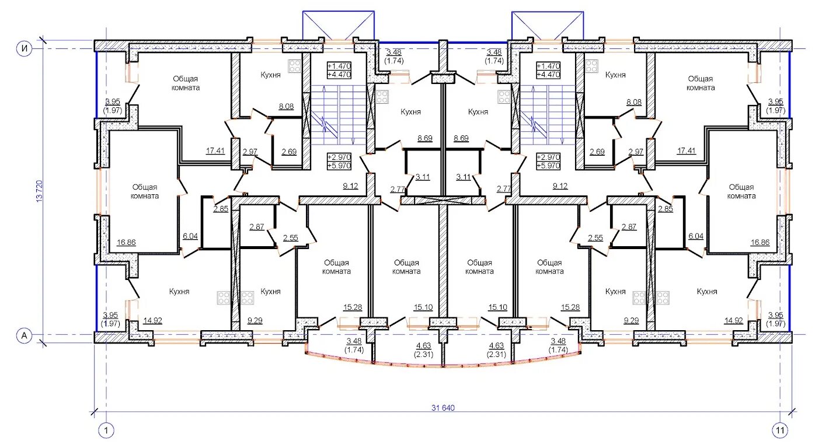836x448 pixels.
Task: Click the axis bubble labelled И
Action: pos(25,48)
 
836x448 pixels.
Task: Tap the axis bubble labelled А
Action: pos(25,335)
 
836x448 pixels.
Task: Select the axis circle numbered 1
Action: pos(106,431)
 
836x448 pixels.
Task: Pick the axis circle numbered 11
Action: pos(780,431)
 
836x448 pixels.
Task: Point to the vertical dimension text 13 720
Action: pos(40,191)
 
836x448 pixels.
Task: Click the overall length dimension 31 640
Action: pos(443,408)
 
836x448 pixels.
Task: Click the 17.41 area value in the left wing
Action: pos(215,150)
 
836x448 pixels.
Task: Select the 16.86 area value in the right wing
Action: pos(760,243)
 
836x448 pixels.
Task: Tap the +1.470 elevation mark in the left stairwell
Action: pos(339,66)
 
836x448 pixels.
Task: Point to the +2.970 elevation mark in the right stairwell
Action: pos(548,157)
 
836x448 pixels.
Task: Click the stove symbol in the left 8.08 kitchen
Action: pos(294,66)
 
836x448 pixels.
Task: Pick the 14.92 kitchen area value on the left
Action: pos(152,320)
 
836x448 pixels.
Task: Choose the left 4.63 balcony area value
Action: pos(424,346)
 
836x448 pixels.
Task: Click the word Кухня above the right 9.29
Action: pos(615,291)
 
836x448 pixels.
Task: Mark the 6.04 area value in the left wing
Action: pos(190,236)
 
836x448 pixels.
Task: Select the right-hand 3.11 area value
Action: pos(463,177)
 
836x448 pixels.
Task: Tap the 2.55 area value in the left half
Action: pos(290,237)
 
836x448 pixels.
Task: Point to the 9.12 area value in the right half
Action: pos(560,185)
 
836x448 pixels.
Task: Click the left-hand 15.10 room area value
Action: pos(423,307)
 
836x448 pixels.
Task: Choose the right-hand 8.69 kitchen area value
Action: pos(461,138)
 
